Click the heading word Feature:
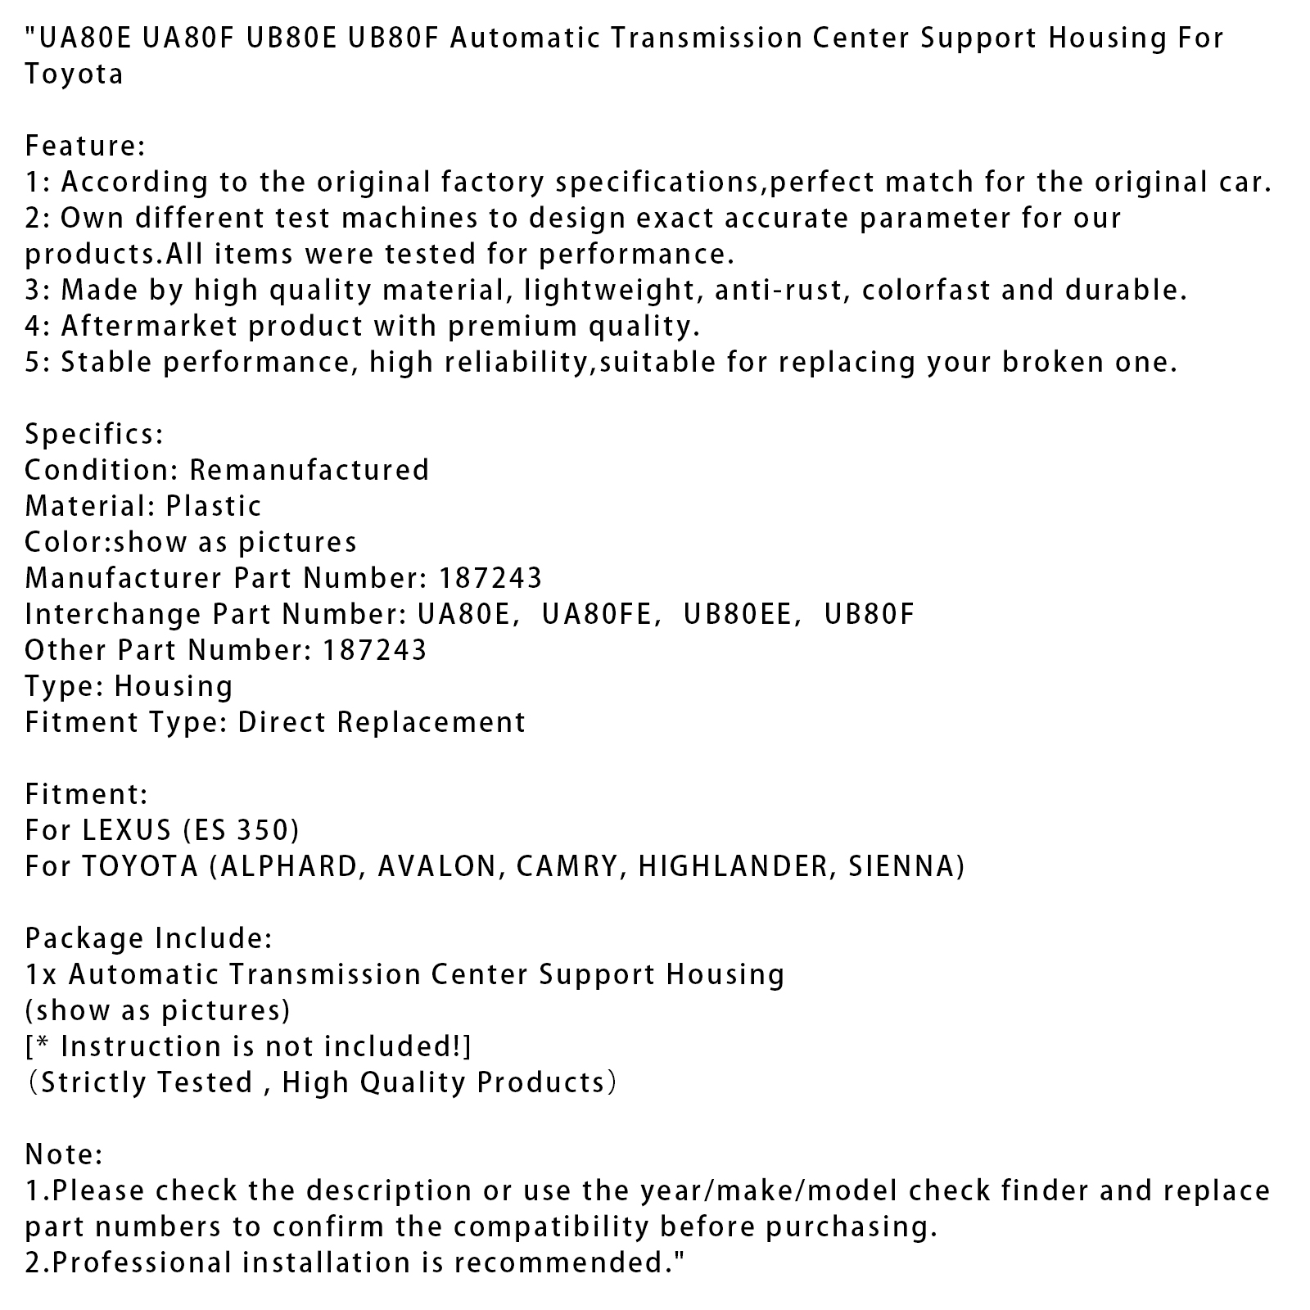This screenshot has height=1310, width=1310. coord(85,146)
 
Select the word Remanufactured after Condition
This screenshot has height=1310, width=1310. coord(309,470)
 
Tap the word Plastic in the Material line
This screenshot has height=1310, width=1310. coord(214,506)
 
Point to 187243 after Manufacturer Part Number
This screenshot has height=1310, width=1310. coord(490,578)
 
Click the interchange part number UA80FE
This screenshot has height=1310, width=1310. coord(601,614)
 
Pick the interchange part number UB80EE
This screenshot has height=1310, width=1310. coord(741,614)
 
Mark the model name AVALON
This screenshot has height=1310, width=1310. coord(440,866)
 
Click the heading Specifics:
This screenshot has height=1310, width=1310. coord(94,434)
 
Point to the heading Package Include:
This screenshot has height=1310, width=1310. coord(148,938)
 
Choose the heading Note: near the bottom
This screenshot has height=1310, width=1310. coord(64,1154)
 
